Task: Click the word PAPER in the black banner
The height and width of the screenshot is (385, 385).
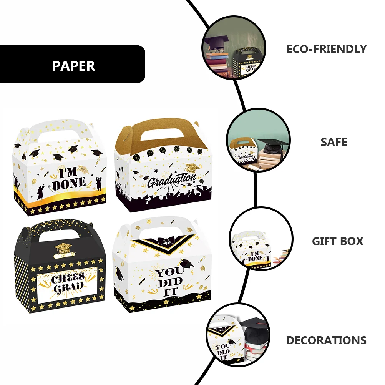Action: click(x=73, y=66)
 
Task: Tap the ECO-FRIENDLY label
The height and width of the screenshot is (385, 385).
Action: click(x=326, y=49)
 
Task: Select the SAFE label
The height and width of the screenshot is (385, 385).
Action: click(x=334, y=142)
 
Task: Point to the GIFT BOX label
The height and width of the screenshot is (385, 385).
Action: click(x=337, y=241)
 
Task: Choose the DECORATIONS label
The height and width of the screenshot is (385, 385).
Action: click(x=326, y=340)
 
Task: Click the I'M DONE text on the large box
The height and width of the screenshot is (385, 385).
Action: click(x=69, y=179)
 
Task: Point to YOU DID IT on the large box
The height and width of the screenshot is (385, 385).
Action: click(x=169, y=281)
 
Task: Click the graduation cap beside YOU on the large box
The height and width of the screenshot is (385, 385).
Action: click(x=187, y=264)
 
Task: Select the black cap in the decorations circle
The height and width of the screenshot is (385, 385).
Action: click(x=254, y=328)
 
